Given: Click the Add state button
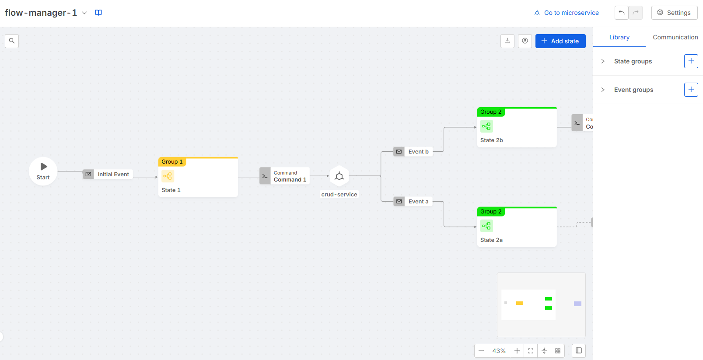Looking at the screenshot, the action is point(560,41).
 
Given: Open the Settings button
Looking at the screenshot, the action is point(674,13).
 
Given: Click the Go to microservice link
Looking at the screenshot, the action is point(567,13).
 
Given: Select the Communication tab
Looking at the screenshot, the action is point(675,37).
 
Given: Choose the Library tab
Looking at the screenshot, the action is point(619,37).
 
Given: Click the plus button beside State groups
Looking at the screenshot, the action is point(691,61).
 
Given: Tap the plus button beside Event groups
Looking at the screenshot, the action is point(691,90).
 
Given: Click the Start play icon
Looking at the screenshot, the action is point(44,167).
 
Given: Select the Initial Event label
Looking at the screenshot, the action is point(113,174).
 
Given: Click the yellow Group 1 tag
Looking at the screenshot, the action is point(172,162).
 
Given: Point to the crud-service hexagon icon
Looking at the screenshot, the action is point(339,176).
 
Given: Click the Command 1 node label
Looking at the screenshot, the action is point(290,179).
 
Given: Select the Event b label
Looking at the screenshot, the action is point(418,152).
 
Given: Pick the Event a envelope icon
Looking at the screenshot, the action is point(399,202).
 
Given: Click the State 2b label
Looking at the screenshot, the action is point(491,140).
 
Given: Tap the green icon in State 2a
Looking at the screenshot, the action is point(486,226).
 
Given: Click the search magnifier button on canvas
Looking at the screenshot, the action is point(12,41).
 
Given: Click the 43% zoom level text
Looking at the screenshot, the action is point(499,351).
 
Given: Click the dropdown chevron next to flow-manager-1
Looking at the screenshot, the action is point(84,13).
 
